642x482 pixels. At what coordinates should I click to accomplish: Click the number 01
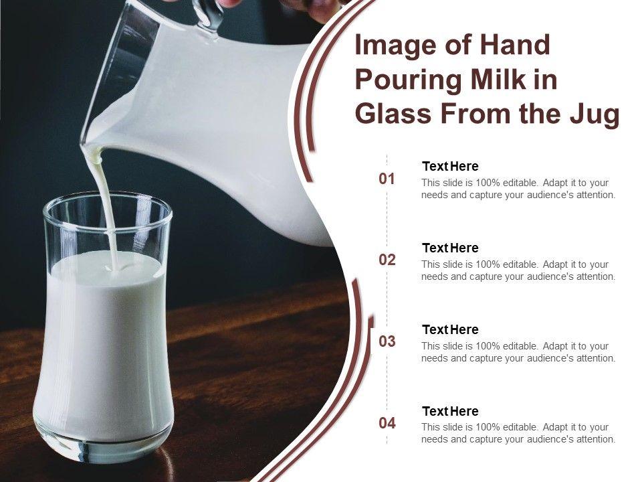click(387, 179)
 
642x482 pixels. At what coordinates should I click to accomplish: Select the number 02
click(387, 260)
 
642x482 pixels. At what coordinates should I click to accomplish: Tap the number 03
click(387, 341)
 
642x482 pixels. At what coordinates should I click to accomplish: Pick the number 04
click(387, 422)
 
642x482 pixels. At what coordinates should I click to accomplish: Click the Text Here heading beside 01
click(450, 167)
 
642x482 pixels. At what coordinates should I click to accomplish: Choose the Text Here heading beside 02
click(450, 248)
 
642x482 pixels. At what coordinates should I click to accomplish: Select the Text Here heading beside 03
click(450, 329)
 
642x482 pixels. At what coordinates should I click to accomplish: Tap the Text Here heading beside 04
click(450, 411)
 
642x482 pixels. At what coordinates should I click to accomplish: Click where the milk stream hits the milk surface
click(115, 269)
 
